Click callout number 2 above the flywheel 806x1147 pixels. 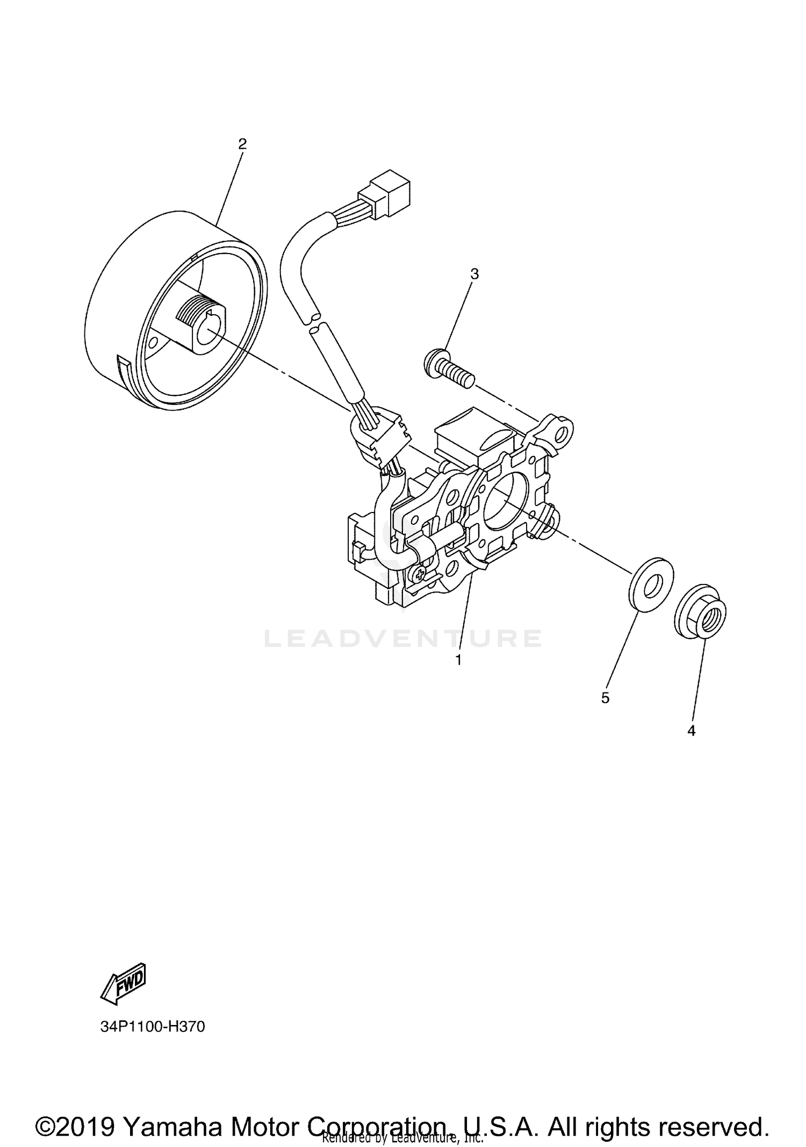[x=242, y=143]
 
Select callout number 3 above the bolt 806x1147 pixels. [x=474, y=274]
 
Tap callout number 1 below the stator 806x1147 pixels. [x=458, y=660]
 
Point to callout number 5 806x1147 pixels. [x=605, y=698]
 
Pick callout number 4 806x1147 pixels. [x=692, y=731]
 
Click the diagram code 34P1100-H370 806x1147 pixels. [x=153, y=1027]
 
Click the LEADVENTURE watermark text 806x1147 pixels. [x=403, y=638]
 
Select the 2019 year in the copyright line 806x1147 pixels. [x=86, y=1111]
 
